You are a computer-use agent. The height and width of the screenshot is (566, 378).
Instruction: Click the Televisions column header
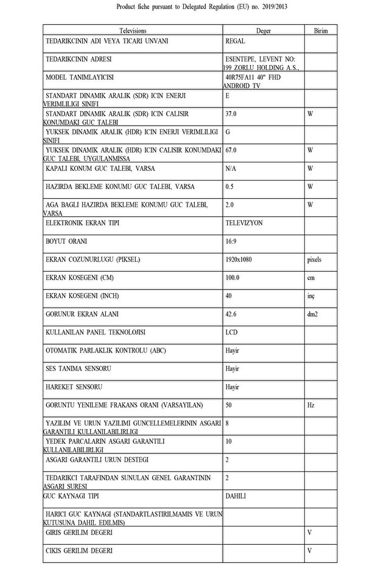point(133,30)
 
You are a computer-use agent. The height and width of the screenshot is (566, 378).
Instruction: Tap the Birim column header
point(320,30)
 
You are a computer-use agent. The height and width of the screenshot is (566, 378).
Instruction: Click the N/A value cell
point(231,168)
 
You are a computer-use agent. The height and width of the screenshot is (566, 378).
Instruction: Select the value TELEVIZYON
point(243,223)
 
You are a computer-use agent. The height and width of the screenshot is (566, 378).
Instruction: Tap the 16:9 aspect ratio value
point(231,241)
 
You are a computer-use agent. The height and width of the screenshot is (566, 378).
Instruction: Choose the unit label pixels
point(314,260)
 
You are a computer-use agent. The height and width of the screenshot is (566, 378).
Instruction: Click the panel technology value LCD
point(231,333)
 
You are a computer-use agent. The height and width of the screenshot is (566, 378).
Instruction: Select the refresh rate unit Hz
point(310,405)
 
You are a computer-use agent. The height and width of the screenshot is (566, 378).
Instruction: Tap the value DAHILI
point(236,496)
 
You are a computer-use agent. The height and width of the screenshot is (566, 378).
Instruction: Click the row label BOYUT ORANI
point(66,241)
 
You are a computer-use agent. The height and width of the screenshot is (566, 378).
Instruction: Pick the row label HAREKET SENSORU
point(74,387)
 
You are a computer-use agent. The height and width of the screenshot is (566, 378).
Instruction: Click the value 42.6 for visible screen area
point(231,314)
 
